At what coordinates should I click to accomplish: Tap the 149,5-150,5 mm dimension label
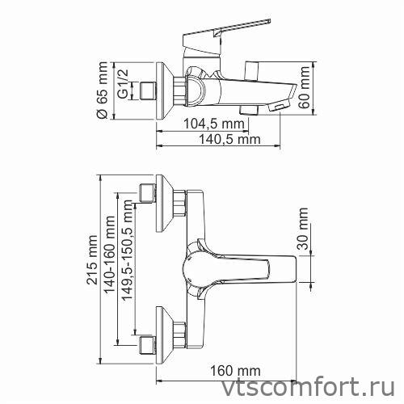(127, 267)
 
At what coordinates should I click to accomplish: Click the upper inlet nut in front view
(149, 194)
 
